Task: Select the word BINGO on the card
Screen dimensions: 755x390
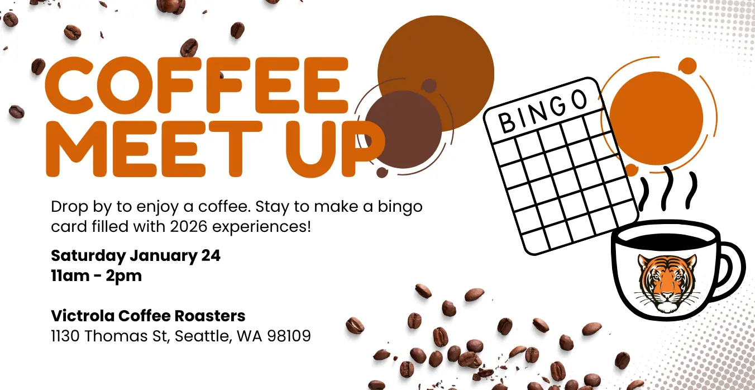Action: click(543, 111)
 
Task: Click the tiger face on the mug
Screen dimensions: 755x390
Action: click(667, 283)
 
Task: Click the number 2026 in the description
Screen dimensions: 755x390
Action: click(188, 226)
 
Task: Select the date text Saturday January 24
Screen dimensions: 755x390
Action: click(136, 255)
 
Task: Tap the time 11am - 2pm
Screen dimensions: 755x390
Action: click(97, 275)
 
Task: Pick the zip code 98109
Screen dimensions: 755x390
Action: click(289, 336)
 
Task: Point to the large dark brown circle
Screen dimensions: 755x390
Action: click(403, 129)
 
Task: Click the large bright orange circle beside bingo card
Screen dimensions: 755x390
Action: click(657, 118)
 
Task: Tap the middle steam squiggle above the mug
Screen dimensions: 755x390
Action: click(667, 189)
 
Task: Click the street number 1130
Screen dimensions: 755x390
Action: click(65, 336)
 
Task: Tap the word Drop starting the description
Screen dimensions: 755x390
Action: click(69, 207)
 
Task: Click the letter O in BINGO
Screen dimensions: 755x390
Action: click(580, 100)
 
